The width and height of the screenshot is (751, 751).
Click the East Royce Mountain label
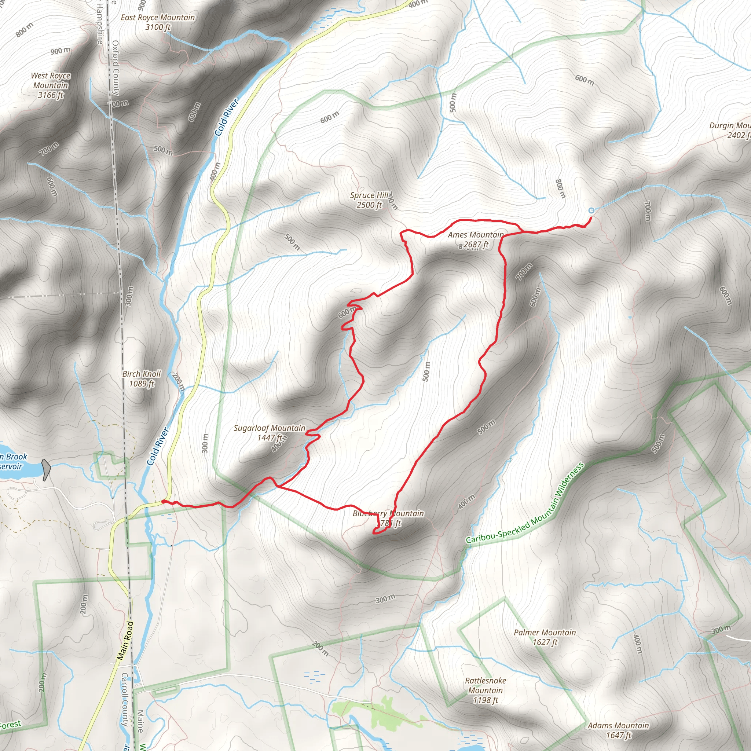click(x=157, y=22)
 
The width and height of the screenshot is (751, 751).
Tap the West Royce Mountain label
click(x=51, y=85)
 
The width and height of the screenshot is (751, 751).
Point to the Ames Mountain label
click(x=475, y=239)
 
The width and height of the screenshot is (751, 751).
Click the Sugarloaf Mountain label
click(x=270, y=433)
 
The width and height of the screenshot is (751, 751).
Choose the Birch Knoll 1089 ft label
click(x=142, y=378)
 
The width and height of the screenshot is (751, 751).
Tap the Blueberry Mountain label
click(x=388, y=518)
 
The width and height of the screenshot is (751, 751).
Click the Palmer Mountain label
click(x=545, y=637)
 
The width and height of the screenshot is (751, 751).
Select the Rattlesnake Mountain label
click(x=486, y=690)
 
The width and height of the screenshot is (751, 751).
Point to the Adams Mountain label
click(x=618, y=730)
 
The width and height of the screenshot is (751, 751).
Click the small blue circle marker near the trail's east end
click(x=591, y=210)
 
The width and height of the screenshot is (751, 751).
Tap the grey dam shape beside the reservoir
click(x=46, y=469)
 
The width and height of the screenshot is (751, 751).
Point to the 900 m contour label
click(x=60, y=51)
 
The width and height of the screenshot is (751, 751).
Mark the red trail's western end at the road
click(x=163, y=501)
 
